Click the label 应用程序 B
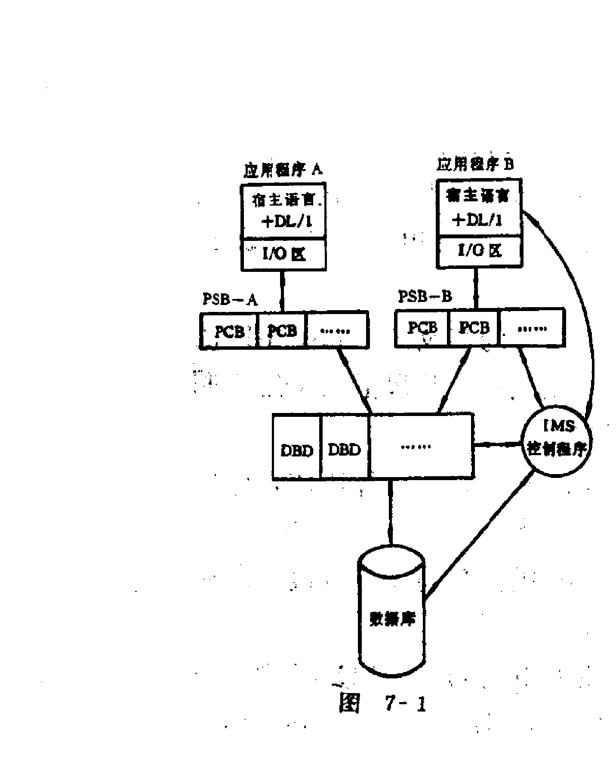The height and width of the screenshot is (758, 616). point(475,165)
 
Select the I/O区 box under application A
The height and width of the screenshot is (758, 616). point(283,254)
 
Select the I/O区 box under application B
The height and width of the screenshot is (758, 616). point(479,251)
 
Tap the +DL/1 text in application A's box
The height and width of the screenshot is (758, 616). point(286,222)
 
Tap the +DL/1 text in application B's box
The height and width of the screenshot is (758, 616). point(477,220)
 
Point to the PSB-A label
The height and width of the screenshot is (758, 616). point(230,299)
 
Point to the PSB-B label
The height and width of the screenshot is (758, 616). point(425,296)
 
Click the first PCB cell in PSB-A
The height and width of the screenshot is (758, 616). point(229,331)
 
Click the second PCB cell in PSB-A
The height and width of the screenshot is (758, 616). point(282,330)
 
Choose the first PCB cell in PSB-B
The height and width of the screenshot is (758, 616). point(422,328)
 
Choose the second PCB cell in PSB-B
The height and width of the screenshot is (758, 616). point(474,328)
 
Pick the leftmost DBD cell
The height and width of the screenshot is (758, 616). point(297,450)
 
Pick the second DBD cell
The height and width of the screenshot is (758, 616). point(345,450)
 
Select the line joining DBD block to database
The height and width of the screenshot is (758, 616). point(390,512)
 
